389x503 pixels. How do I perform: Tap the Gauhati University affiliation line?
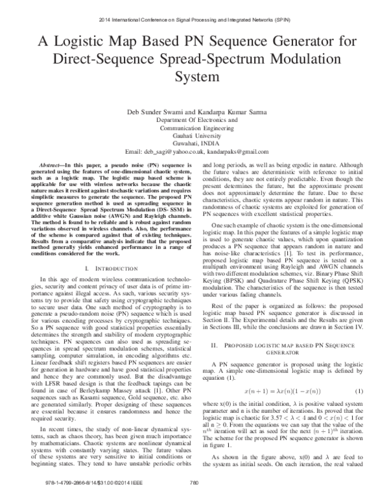tap(194, 137)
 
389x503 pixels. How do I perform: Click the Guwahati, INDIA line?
tap(194, 145)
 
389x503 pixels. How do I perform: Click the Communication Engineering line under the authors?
tap(194, 128)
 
